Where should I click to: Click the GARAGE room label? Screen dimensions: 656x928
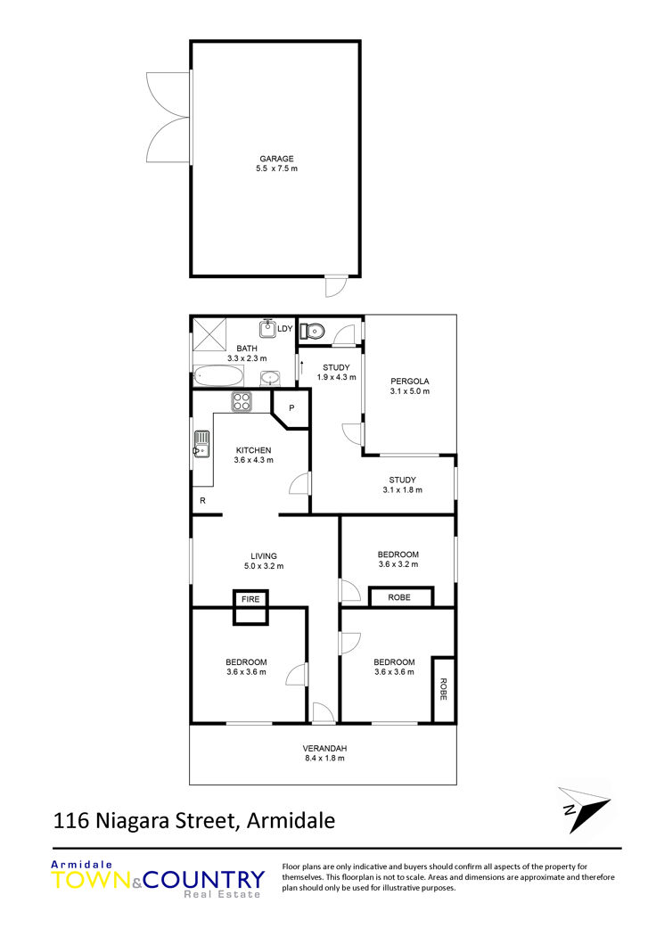click(x=276, y=159)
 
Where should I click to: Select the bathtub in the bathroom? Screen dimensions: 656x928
click(x=218, y=376)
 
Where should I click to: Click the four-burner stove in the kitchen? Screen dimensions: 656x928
click(x=242, y=402)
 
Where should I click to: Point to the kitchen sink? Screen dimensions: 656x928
click(x=201, y=444)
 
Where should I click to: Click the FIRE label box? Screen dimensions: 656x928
click(x=250, y=599)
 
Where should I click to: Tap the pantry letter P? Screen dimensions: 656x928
click(x=291, y=408)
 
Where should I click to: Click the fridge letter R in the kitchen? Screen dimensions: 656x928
click(x=202, y=501)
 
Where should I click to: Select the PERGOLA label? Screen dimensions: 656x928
click(x=410, y=382)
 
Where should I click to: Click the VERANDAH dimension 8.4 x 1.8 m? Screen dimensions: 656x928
click(x=324, y=758)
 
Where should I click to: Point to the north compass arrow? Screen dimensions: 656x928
click(x=584, y=809)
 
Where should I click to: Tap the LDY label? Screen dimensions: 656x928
click(x=285, y=328)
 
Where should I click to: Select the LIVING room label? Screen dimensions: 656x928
click(x=264, y=556)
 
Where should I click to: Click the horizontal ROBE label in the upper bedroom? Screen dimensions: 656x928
click(x=399, y=598)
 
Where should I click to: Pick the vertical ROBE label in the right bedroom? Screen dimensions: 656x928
click(x=443, y=689)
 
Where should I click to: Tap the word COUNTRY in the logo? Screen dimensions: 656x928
click(x=204, y=880)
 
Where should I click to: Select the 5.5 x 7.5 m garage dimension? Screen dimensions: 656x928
click(x=277, y=168)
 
